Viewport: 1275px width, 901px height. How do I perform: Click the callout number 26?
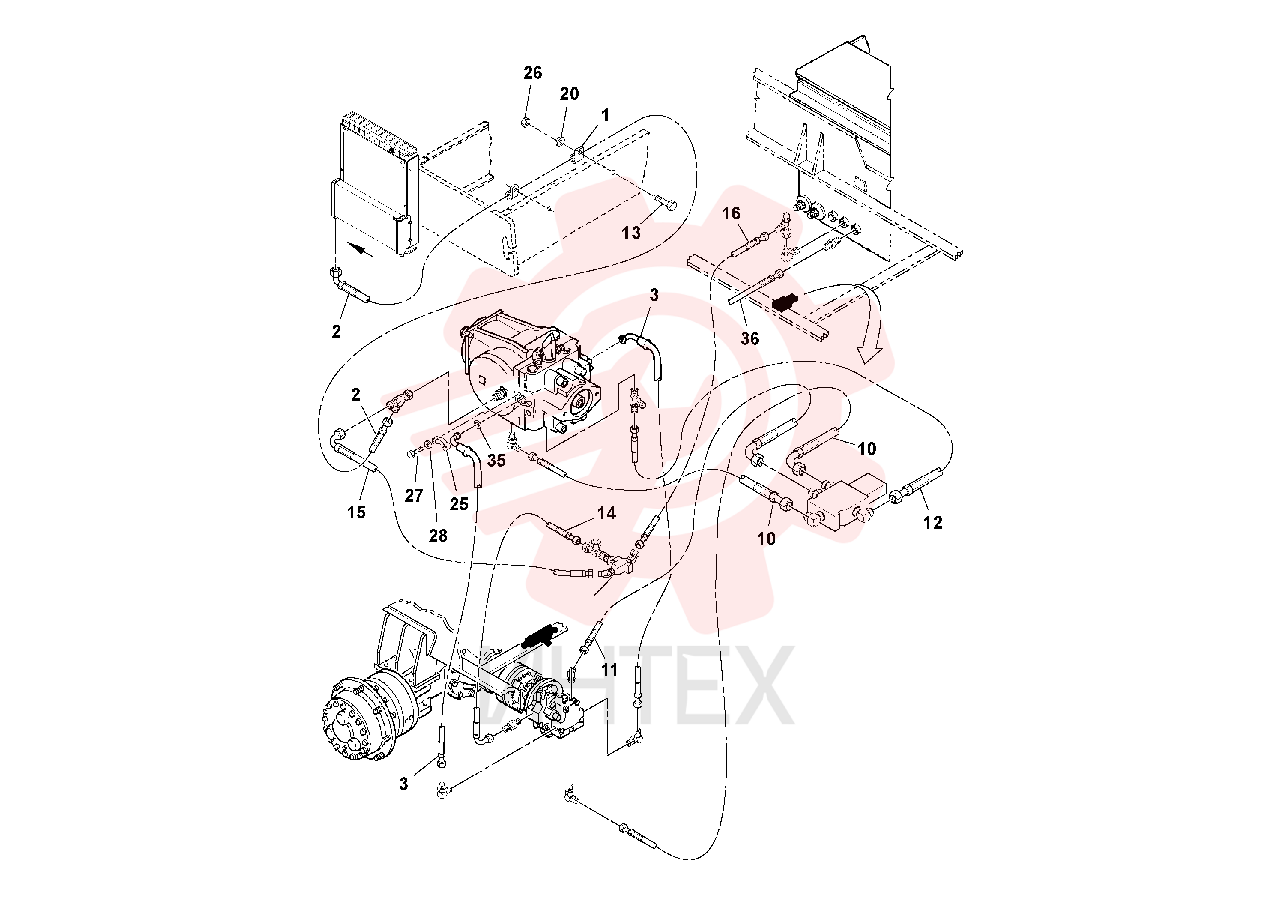532,73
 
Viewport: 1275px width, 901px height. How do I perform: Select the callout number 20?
569,94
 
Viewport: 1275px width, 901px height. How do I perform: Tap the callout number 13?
631,233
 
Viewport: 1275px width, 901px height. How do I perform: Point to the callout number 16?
731,213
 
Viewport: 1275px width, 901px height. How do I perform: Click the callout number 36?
749,339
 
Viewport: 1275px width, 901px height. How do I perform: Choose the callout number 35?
496,460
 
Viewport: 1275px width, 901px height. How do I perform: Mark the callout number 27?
414,496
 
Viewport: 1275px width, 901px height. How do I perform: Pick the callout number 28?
438,536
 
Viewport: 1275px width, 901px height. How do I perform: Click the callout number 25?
459,504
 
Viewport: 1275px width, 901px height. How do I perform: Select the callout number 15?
356,512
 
